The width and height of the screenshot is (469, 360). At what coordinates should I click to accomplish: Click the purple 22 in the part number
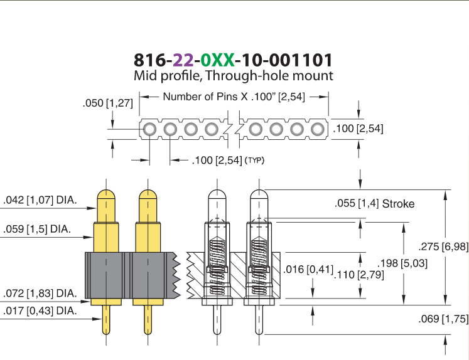(x=183, y=60)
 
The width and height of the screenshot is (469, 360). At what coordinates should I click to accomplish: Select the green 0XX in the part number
(x=217, y=60)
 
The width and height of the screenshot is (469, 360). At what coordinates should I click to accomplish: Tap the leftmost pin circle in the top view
(x=149, y=130)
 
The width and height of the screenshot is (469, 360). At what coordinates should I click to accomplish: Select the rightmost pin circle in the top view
(x=317, y=130)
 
